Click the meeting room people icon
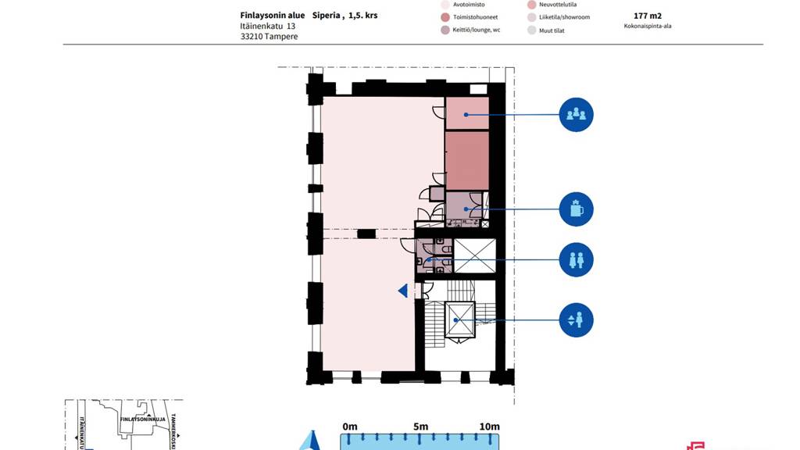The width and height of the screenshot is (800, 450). coord(576,115)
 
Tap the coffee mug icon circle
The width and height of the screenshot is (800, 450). coord(576,209)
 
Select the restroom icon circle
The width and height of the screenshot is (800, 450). coord(576,259)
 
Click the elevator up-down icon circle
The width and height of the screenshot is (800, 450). coord(576,320)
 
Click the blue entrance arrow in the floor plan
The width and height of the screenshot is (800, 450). coord(403,291)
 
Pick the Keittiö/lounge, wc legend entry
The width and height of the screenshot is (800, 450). coord(476,30)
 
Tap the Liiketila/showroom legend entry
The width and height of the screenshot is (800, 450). coord(558,17)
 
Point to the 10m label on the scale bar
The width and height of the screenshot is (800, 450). coord(489,427)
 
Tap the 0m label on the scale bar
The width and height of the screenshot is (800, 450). coord(350,427)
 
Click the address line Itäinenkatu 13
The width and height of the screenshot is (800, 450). coord(267,26)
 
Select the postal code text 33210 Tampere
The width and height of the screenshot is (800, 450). coord(269,37)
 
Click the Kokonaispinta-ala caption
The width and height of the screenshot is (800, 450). coord(648,26)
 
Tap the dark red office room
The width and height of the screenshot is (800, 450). coord(466,160)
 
